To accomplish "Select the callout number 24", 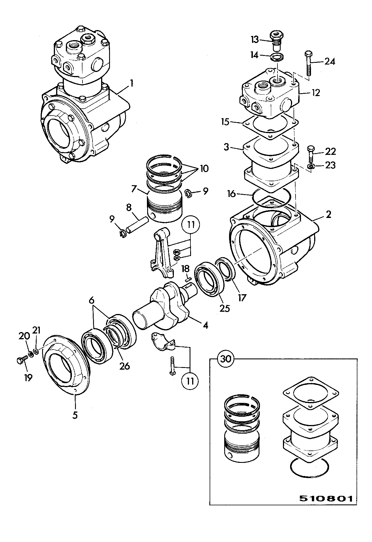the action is click(x=330, y=61).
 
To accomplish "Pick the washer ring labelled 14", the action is click(x=277, y=56).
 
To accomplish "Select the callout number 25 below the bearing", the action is click(x=225, y=308).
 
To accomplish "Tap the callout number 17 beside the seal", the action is click(x=242, y=297).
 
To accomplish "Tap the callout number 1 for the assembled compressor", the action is click(x=131, y=84).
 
